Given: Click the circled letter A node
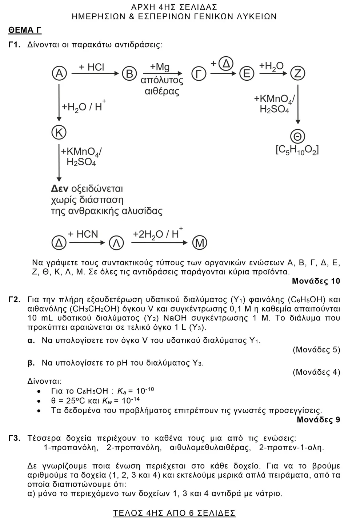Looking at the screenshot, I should click(x=59, y=73).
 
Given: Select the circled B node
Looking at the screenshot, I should click(x=129, y=73).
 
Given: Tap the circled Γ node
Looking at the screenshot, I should click(x=199, y=74).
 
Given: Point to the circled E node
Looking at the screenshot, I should click(x=246, y=74).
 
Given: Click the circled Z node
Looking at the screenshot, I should click(x=297, y=74).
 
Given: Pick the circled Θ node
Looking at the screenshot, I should click(x=297, y=136).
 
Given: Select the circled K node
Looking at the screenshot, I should click(x=59, y=132).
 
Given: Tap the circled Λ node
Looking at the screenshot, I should click(x=116, y=243).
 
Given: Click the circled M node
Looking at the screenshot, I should click(x=199, y=242).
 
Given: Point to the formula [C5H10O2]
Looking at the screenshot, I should click(x=297, y=150).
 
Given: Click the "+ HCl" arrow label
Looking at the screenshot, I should click(x=91, y=67).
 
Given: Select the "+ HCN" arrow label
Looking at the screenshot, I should click(x=83, y=234).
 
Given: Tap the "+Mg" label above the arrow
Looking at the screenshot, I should click(x=160, y=67).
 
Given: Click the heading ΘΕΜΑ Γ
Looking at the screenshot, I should click(x=25, y=30).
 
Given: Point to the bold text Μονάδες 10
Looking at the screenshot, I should click(x=316, y=281).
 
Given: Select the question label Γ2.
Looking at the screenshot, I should click(x=14, y=300).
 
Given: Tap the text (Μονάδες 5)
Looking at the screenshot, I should click(x=316, y=350).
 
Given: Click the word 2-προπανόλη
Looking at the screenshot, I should click(x=134, y=447).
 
